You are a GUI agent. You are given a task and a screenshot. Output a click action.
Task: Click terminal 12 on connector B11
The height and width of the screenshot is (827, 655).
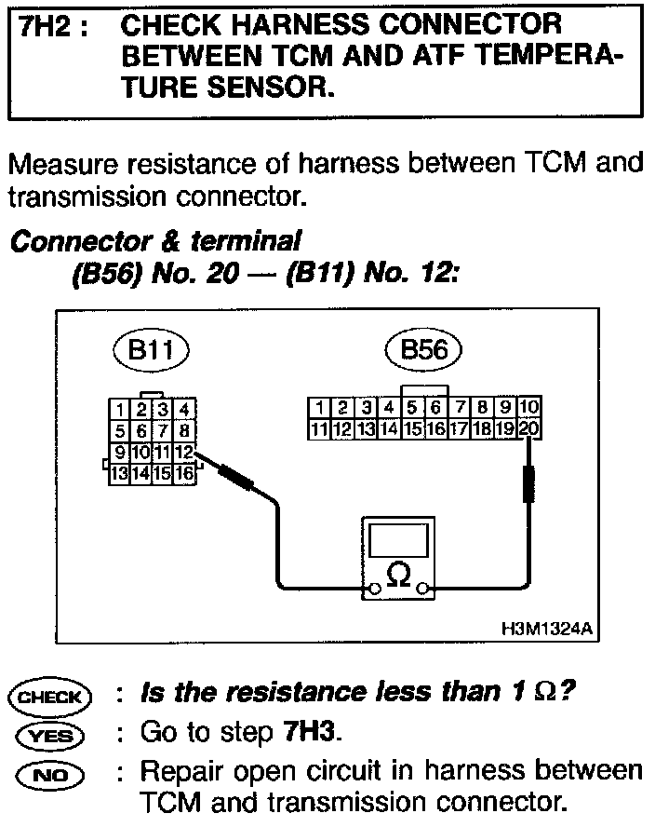[x=184, y=453]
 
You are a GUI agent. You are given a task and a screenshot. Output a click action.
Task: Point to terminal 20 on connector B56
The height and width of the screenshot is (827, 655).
[x=528, y=429]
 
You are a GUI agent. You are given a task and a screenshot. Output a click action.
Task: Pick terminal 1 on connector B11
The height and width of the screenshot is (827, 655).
[x=119, y=410]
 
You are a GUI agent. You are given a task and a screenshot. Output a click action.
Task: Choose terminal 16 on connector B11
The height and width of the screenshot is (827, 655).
[x=184, y=473]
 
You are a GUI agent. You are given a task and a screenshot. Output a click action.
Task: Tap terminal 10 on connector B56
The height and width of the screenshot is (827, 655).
[x=528, y=408]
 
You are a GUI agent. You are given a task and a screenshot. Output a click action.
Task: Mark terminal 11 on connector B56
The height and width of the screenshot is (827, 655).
[x=319, y=429]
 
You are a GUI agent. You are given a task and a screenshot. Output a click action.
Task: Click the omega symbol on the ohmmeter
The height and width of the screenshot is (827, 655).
[x=397, y=575]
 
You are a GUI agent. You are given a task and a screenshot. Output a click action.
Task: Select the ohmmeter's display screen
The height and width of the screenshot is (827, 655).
[x=397, y=537]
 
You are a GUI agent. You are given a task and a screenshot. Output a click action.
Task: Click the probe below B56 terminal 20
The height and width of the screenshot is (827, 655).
[x=529, y=484]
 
